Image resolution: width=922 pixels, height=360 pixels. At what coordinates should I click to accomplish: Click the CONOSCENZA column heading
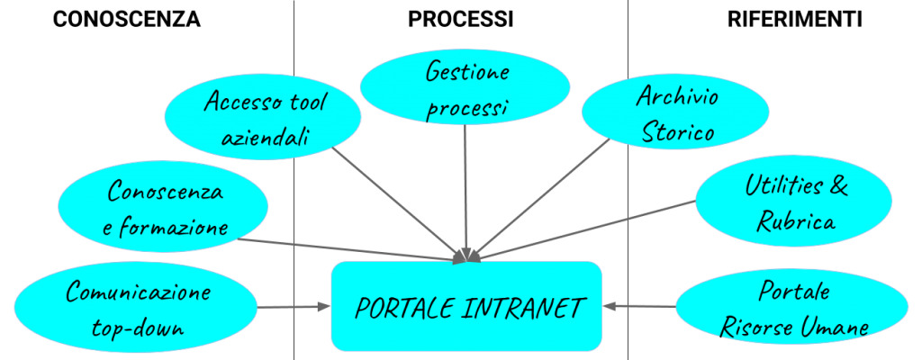coord(126,20)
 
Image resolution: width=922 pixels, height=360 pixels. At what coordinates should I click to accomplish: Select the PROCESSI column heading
coord(461,20)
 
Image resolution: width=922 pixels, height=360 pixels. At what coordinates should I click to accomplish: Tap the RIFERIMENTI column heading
coord(794,20)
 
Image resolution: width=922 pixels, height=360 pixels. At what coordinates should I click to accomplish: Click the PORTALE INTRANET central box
coord(466,306)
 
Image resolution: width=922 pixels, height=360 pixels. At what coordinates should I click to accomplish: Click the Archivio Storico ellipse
coord(675,113)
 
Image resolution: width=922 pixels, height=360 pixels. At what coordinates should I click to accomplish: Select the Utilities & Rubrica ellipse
coord(794,203)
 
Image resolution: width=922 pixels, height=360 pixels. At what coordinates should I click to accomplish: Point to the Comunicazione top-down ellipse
coord(135,307)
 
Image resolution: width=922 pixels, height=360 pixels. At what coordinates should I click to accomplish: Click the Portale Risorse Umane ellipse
coord(799,307)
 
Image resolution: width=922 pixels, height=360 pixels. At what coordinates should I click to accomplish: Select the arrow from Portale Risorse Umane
coord(639,306)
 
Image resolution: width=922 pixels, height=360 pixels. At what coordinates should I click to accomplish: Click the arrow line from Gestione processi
coord(466,193)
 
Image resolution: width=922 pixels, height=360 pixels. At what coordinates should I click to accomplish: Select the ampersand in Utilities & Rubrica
coord(838,186)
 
